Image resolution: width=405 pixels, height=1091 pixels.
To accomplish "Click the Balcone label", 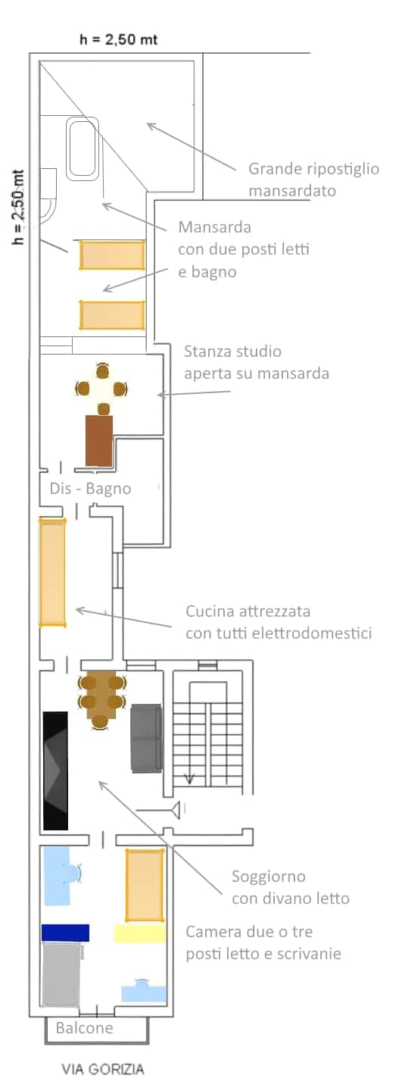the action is click(84, 1027).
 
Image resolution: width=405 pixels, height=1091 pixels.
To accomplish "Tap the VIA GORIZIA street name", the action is click(103, 1070).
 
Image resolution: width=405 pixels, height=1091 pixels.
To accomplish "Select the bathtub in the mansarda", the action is click(83, 148).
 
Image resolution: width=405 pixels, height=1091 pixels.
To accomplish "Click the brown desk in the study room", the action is click(99, 441).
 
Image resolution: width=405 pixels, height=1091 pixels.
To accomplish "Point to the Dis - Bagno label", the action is click(91, 489).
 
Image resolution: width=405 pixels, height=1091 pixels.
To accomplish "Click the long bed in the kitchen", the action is click(52, 572).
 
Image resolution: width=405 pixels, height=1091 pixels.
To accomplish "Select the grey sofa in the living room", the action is click(147, 738).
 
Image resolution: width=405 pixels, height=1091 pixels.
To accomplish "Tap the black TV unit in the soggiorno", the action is click(55, 771).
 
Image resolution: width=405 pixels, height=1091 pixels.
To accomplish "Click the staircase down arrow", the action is click(189, 778).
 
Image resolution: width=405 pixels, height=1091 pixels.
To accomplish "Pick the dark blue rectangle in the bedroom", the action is click(65, 933).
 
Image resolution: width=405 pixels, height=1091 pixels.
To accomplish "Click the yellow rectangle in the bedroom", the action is click(140, 934).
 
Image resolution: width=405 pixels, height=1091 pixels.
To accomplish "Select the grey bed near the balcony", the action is click(61, 974).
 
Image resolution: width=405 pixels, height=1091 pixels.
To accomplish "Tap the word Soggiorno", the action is click(269, 877).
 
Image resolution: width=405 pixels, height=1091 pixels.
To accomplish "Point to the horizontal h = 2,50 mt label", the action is click(119, 39).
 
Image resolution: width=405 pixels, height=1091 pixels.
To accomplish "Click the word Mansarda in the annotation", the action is click(215, 227).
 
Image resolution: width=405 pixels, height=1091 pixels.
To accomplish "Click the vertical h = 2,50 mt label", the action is click(17, 207).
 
